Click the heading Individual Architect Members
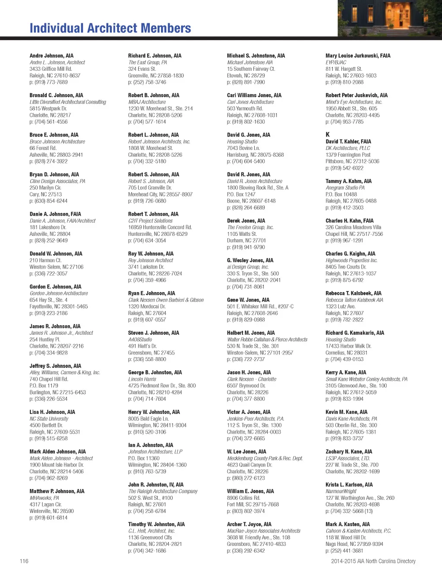coord(110,29)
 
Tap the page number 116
coord(24,561)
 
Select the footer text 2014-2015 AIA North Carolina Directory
coord(373,561)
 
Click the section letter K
coord(328,134)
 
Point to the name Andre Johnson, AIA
coord(51,56)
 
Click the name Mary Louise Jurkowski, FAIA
coord(358,56)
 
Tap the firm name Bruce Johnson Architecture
coord(57,142)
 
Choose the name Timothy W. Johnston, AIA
coord(156,524)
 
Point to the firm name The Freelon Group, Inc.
coord(250,227)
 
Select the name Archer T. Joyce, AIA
coord(249,524)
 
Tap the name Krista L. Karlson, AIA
coord(349,485)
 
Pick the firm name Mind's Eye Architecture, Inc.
coord(354,102)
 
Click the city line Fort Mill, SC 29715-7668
coord(253,504)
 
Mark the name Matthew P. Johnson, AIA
coord(57,491)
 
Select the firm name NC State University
coord(49,419)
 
